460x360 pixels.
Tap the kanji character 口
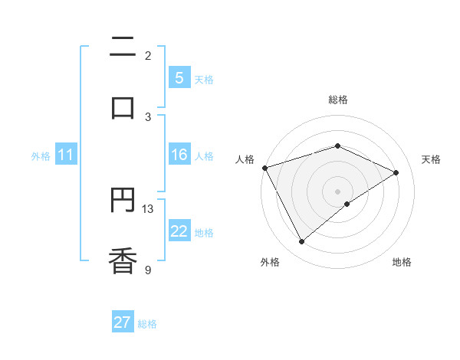123,107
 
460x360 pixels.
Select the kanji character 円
123,201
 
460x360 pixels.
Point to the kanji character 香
123,260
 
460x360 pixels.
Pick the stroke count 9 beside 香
148,269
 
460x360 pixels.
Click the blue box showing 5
179,78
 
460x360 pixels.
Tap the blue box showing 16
179,155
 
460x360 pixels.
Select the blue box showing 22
179,231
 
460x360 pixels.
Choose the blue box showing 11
66,155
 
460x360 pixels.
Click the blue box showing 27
123,322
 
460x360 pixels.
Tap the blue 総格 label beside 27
147,324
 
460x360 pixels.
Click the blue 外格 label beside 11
41,156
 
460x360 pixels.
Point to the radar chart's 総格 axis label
337,100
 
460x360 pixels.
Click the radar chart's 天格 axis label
432,159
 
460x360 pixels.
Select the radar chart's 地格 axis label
402,263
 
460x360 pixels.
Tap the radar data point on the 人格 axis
264,168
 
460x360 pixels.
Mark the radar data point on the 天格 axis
396,172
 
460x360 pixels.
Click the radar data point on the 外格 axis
301,242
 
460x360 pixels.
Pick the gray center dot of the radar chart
337,191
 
